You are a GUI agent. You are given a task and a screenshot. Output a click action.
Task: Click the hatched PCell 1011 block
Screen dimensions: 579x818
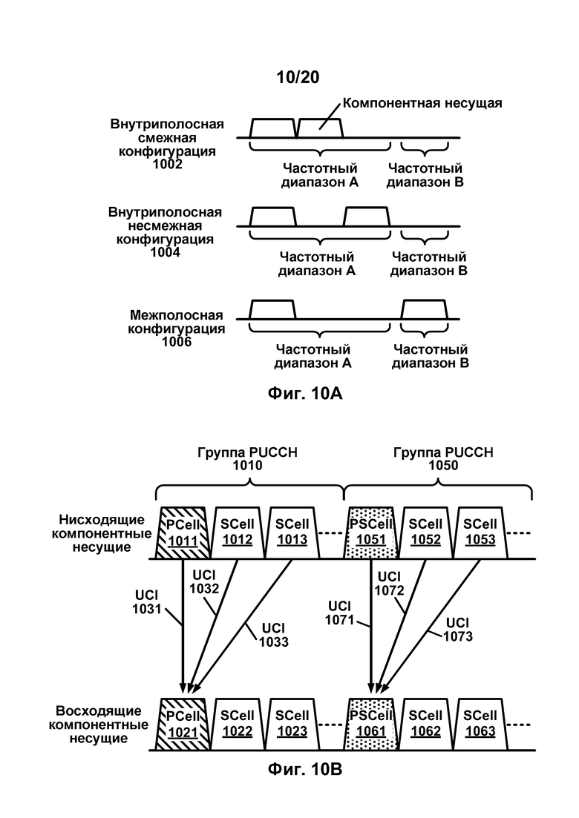(183, 532)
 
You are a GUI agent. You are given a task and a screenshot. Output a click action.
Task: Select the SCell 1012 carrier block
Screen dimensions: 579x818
(237, 532)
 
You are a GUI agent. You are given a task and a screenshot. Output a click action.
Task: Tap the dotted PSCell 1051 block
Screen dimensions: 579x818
(371, 532)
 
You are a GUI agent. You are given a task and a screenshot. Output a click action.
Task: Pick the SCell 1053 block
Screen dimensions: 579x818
(480, 532)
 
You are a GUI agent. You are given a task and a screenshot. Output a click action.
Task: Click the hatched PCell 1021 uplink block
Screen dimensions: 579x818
(183, 724)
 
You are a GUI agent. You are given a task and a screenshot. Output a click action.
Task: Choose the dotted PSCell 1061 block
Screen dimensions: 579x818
(371, 724)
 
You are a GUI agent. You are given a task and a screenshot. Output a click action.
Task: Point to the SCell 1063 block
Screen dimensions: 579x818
(480, 724)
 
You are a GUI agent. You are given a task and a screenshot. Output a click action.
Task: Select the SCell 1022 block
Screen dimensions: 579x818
(237, 724)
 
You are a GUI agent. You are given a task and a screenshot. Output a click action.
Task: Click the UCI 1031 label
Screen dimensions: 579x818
(147, 602)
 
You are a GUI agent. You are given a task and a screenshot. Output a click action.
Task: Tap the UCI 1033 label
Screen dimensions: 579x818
(274, 635)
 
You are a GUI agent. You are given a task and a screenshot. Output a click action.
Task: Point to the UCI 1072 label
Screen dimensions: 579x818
(389, 584)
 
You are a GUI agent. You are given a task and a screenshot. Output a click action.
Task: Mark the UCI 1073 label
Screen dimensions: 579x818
(458, 629)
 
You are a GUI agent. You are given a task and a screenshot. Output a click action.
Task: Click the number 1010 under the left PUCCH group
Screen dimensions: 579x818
(247, 465)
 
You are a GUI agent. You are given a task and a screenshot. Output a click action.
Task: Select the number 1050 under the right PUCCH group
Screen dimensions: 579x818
(443, 465)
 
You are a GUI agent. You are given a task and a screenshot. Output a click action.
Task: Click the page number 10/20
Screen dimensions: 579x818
(298, 77)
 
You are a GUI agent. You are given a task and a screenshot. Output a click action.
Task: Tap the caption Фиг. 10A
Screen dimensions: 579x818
(305, 393)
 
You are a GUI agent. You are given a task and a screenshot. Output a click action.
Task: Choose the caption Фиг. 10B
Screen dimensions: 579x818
(305, 768)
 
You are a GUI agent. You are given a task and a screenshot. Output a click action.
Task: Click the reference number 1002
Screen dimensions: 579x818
(167, 165)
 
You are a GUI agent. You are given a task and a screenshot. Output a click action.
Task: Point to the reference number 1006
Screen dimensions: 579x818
(177, 342)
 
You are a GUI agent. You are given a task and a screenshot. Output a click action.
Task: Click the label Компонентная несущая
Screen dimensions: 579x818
(422, 103)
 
